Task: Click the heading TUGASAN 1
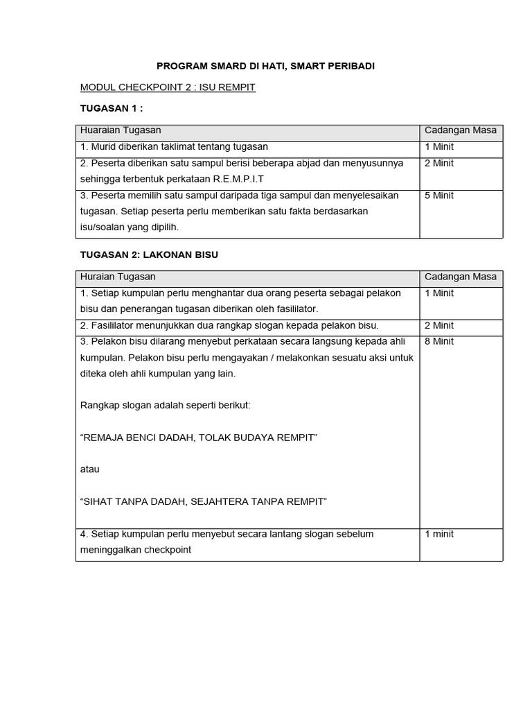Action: click(x=112, y=109)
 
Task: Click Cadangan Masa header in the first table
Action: click(x=460, y=131)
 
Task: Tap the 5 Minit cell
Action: click(x=439, y=196)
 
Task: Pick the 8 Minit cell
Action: click(x=439, y=341)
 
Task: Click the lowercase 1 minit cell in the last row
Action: click(x=439, y=534)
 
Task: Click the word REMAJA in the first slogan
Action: click(x=107, y=438)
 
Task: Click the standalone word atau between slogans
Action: click(x=90, y=469)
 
